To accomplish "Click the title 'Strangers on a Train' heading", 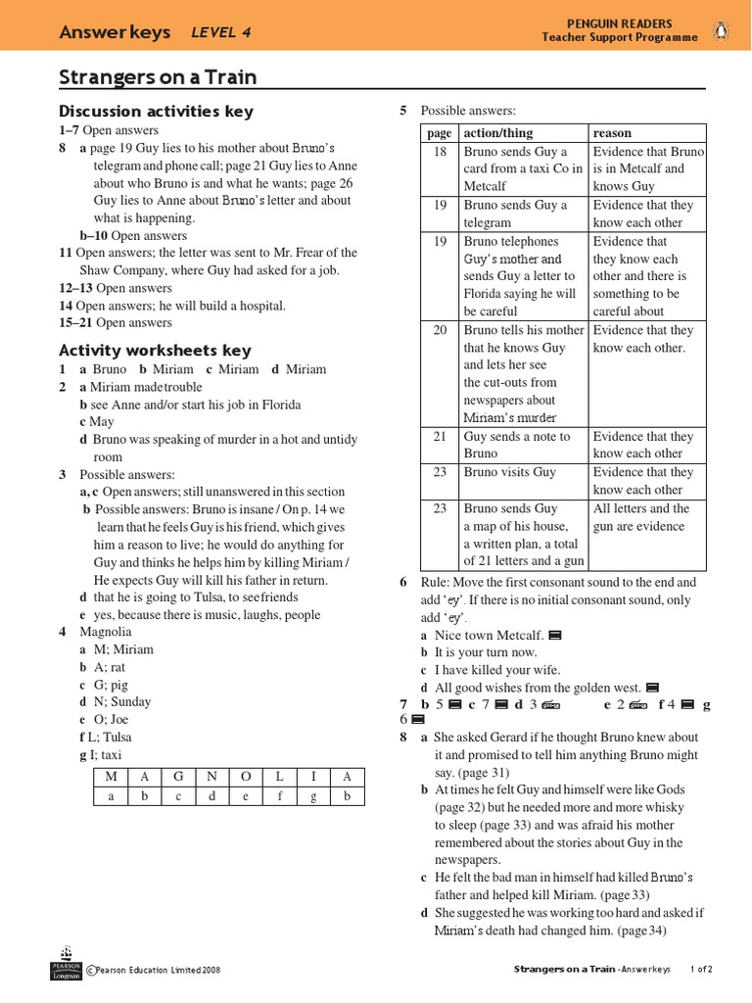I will click(x=159, y=77).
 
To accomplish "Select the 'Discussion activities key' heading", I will click(x=156, y=111).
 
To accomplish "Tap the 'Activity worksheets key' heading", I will click(x=155, y=350).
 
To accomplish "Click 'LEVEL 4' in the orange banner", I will click(x=221, y=32).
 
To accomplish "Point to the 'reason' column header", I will click(x=613, y=133).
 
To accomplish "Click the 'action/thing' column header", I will click(x=498, y=133).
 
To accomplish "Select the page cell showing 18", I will click(x=440, y=152).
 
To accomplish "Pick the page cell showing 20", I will click(x=440, y=330).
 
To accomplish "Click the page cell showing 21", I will click(x=440, y=437).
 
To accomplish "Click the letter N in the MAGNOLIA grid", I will click(x=211, y=777).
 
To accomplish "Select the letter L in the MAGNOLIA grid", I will click(x=278, y=777).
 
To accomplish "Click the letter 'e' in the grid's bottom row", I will click(x=245, y=796).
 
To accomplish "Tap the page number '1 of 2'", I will click(x=701, y=970).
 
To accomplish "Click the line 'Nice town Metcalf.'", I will click(x=489, y=636).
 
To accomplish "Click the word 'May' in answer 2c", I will click(x=102, y=422).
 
